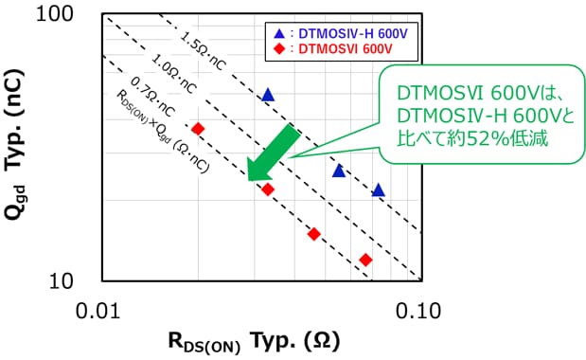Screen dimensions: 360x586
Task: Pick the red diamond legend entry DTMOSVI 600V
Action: [x=332, y=49]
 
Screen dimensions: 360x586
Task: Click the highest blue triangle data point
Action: [x=268, y=95]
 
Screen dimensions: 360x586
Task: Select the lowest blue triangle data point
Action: [x=378, y=190]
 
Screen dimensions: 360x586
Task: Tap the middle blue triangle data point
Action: [x=339, y=171]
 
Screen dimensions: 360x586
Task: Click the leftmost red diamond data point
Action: [x=198, y=128]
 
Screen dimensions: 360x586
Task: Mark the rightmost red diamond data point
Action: [x=365, y=260]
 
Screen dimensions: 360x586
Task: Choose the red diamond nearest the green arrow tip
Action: [x=268, y=189]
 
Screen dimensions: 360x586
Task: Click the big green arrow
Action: [x=274, y=153]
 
